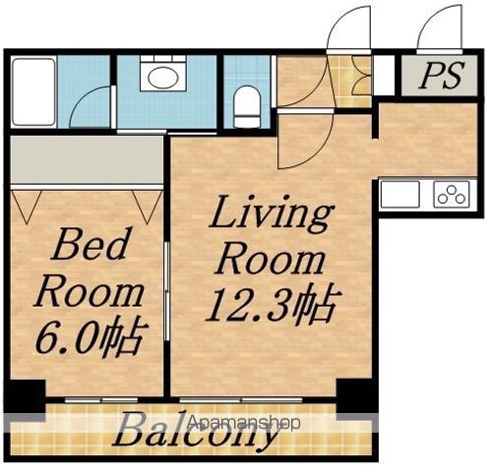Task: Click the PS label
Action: (x=443, y=75)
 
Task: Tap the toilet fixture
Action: (x=248, y=106)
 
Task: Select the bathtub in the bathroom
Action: (x=33, y=92)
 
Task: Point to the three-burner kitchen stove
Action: (x=452, y=194)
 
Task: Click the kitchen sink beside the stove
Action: (x=399, y=194)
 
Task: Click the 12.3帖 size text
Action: (x=273, y=306)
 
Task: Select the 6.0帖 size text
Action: (x=91, y=336)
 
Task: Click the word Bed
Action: (x=90, y=243)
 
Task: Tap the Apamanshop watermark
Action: (x=243, y=422)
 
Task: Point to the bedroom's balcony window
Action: (x=101, y=399)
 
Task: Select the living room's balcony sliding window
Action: (x=241, y=399)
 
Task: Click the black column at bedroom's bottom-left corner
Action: (x=25, y=396)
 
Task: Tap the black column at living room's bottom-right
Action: (x=356, y=396)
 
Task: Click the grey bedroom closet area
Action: (x=87, y=159)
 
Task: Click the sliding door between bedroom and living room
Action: (x=167, y=291)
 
